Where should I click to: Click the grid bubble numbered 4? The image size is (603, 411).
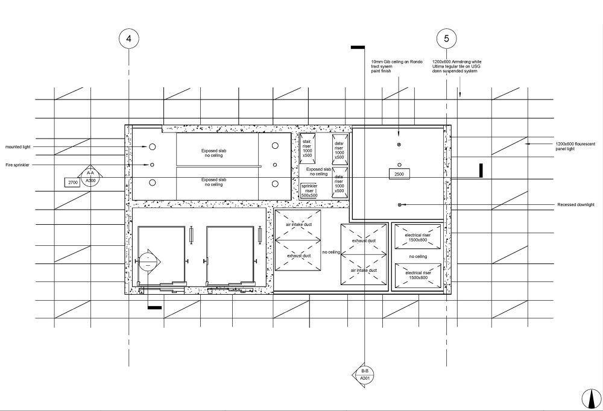[x=128, y=39]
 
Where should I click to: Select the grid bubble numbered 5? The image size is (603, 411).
[x=446, y=39]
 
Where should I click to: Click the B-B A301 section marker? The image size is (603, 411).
[x=365, y=374]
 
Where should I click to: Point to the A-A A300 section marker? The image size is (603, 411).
[x=90, y=177]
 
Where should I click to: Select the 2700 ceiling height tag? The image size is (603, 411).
[x=72, y=181]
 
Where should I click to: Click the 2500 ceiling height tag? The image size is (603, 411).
[x=399, y=174]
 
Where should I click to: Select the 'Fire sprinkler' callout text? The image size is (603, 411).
[x=17, y=165]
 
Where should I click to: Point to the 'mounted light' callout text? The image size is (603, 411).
[x=17, y=146]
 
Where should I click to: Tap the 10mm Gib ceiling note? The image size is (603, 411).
[x=392, y=66]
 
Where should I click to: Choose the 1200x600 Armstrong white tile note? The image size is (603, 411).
[x=457, y=66]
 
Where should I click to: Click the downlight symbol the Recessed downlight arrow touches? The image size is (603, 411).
[x=399, y=205]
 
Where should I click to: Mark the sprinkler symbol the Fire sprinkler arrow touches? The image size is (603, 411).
[x=152, y=165]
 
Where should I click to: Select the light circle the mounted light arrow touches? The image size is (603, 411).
[x=152, y=146]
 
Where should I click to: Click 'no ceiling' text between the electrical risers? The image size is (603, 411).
[x=418, y=257]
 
